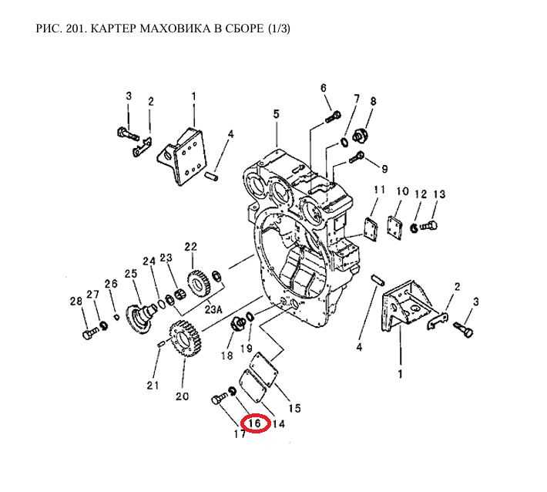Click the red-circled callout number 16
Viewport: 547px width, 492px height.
[255, 423]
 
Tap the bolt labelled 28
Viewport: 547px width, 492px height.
[87, 334]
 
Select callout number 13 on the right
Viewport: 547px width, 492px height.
[439, 194]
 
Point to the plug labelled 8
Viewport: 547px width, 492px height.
[359, 137]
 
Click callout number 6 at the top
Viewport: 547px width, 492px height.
[324, 87]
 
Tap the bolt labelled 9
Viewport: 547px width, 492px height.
[357, 158]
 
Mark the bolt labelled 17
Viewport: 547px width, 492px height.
[218, 399]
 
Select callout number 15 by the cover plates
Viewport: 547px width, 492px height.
[294, 408]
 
